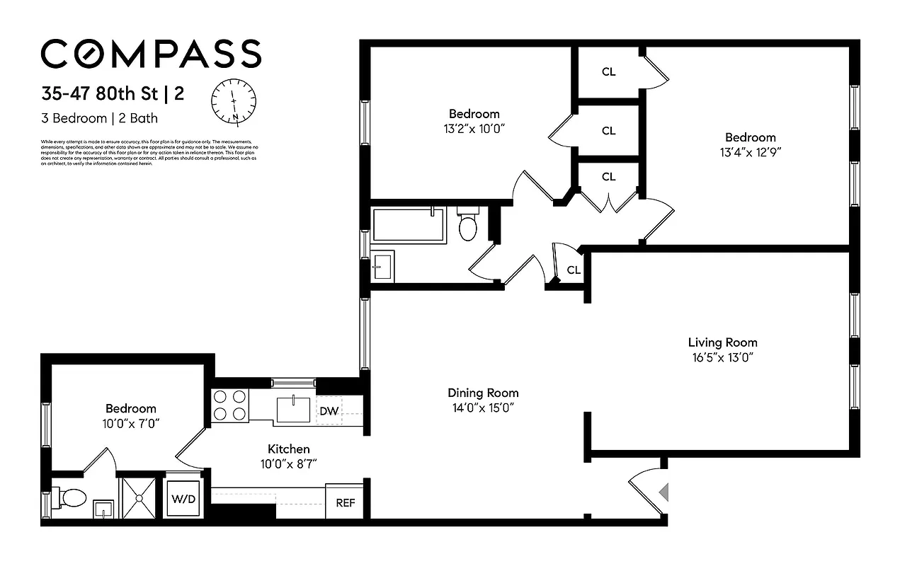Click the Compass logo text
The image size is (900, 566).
tap(151, 54)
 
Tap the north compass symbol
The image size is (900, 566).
tap(234, 101)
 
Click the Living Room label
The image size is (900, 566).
tap(722, 342)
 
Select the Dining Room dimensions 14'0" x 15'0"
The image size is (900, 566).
tap(483, 408)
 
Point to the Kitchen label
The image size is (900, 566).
tap(288, 449)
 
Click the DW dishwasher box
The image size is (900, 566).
tap(329, 411)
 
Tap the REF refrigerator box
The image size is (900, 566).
tap(345, 503)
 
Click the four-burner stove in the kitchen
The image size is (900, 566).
tap(230, 405)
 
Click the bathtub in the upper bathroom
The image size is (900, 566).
tap(408, 225)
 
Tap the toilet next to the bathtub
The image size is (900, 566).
tap(468, 225)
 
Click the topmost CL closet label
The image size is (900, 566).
tap(608, 71)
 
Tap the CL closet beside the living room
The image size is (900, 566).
tap(574, 270)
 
